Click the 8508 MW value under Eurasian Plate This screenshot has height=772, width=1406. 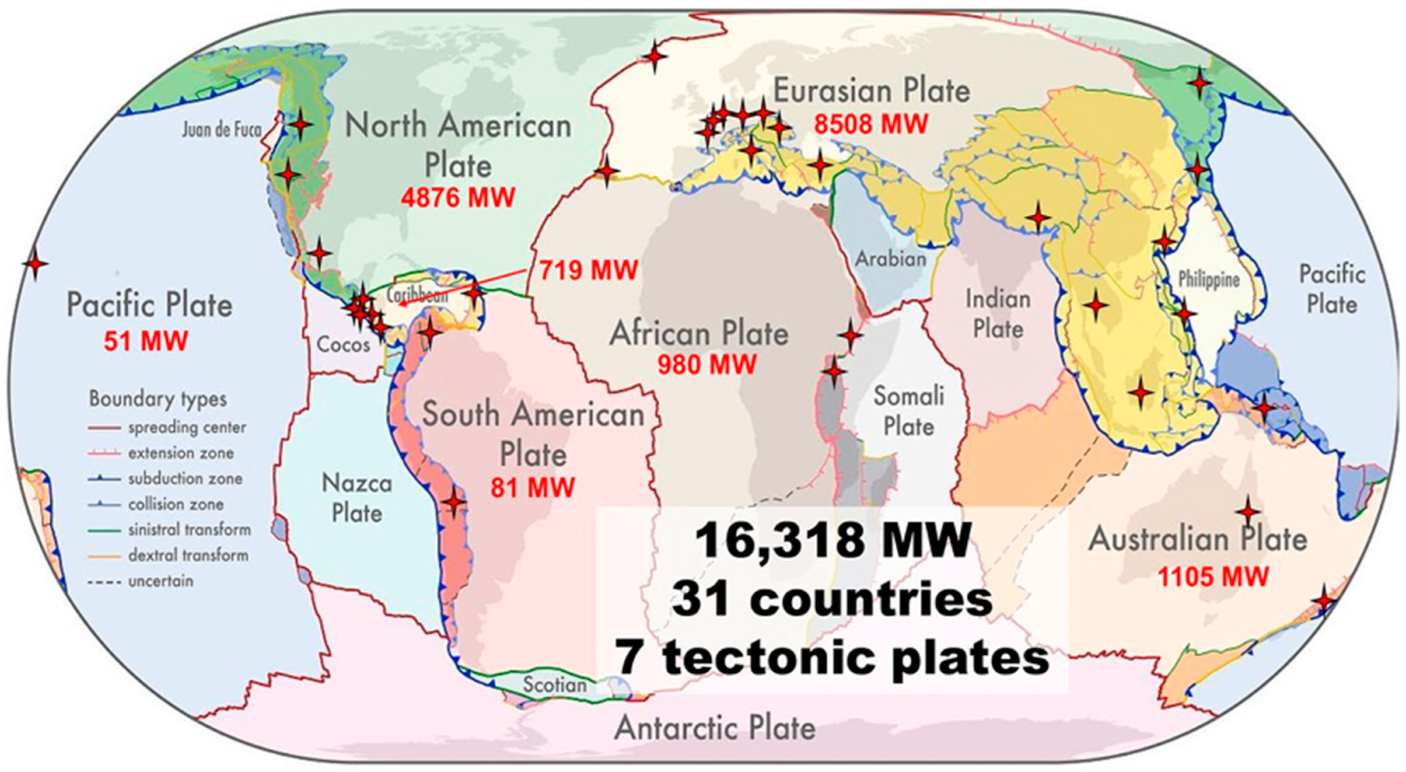870,124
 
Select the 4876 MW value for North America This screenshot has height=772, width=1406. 458,197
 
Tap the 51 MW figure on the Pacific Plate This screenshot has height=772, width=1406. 146,341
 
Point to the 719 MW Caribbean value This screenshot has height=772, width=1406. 589,270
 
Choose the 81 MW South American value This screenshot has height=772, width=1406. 532,487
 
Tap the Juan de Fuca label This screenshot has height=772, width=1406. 221,130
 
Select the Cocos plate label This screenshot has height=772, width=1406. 343,345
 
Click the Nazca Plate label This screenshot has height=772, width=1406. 357,498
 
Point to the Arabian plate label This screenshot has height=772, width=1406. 890,258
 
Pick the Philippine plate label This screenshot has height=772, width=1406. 1209,279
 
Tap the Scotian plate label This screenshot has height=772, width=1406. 554,684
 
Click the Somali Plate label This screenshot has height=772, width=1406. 909,411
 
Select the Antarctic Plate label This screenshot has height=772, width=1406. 715,728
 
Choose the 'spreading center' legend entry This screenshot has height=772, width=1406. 187,427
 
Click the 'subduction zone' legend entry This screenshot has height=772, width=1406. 185,478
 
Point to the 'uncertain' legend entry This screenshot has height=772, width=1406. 161,580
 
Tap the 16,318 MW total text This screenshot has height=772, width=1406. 832,540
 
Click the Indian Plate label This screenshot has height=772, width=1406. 998,314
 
